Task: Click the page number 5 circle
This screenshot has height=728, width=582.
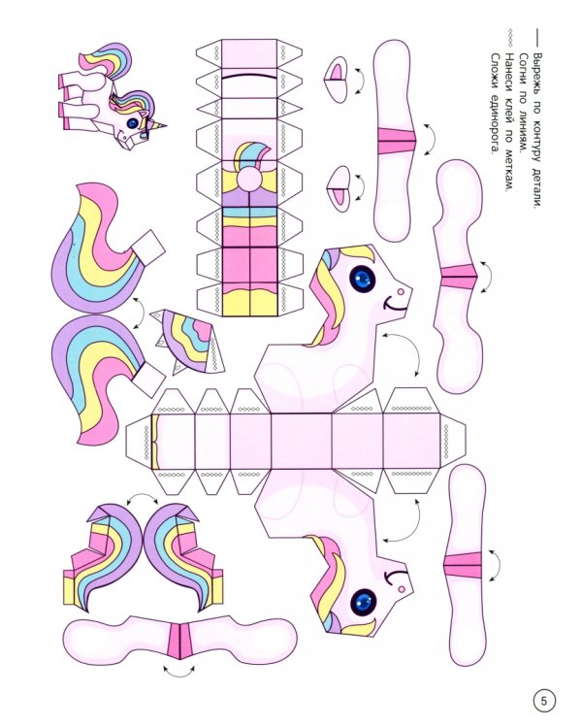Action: click(x=544, y=701)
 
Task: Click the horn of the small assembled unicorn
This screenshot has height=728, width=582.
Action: click(x=160, y=125)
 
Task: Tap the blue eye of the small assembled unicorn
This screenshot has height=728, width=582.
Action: click(x=133, y=122)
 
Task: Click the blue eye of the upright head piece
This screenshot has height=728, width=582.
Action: click(x=362, y=279)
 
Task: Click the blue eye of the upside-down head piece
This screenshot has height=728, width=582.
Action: click(x=363, y=602)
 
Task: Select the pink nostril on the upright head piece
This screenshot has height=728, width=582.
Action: click(x=401, y=291)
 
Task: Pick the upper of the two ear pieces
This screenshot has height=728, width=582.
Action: click(x=336, y=79)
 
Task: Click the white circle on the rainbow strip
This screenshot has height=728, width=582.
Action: click(x=249, y=179)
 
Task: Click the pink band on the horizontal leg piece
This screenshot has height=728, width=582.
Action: click(x=180, y=642)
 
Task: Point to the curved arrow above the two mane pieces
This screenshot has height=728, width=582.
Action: click(x=142, y=497)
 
